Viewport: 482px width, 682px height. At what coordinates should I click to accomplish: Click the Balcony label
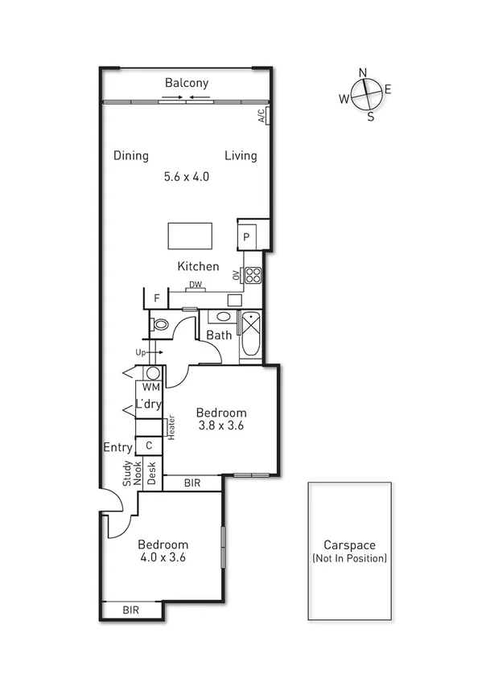(x=187, y=83)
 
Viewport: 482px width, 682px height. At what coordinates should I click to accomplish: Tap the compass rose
(x=365, y=95)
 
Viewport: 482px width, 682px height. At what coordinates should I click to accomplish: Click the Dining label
(x=130, y=155)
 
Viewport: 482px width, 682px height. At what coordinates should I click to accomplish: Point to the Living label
(x=241, y=155)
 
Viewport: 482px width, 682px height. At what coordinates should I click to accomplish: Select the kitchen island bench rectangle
(x=191, y=236)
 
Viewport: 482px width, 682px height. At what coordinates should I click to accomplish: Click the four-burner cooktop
(x=253, y=275)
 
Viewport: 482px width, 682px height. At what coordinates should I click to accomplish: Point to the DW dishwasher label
(x=195, y=285)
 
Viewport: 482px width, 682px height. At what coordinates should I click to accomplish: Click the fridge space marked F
(x=158, y=298)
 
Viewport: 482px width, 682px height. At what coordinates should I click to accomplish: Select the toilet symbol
(x=159, y=325)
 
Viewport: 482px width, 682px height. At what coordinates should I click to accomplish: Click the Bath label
(x=219, y=335)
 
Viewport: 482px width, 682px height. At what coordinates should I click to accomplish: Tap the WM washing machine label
(x=152, y=387)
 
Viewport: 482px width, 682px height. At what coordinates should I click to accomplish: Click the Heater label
(x=171, y=428)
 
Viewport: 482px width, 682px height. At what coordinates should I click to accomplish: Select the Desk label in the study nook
(x=150, y=475)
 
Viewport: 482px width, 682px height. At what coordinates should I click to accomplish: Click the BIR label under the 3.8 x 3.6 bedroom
(x=192, y=483)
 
